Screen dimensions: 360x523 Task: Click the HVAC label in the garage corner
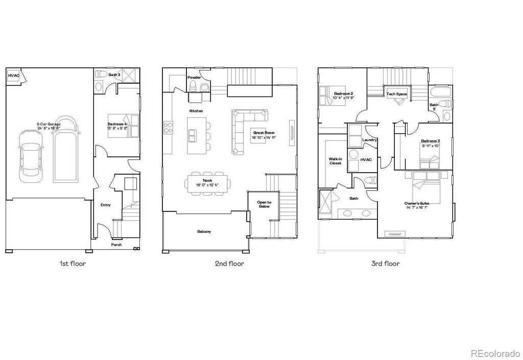pyautogui.click(x=14, y=76)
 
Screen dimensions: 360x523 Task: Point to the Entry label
pyautogui.click(x=105, y=205)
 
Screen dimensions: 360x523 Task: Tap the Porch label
pyautogui.click(x=117, y=245)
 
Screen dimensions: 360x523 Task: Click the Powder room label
pyautogui.click(x=195, y=78)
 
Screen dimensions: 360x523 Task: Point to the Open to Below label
pyautogui.click(x=264, y=204)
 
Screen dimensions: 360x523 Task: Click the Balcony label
pyautogui.click(x=204, y=231)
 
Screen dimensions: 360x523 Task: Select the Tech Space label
pyautogui.click(x=397, y=94)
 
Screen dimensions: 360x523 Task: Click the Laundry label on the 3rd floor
pyautogui.click(x=369, y=139)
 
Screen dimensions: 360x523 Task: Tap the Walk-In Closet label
pyautogui.click(x=335, y=161)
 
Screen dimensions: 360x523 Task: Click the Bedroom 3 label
pyautogui.click(x=430, y=140)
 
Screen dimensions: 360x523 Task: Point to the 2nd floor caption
pyautogui.click(x=229, y=263)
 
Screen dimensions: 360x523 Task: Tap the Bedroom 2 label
pyautogui.click(x=344, y=93)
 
